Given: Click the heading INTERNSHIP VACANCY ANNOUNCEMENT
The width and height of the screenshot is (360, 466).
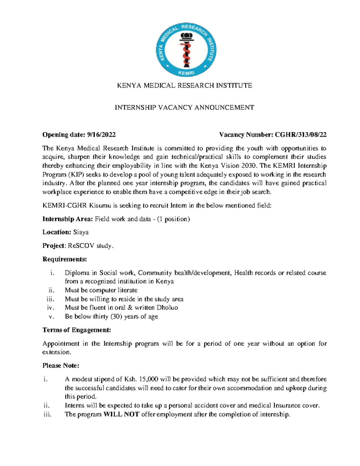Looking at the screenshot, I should click(184, 107).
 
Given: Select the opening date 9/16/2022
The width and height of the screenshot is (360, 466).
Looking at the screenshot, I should click(101, 135).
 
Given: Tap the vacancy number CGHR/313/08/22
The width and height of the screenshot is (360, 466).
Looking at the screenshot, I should click(301, 135).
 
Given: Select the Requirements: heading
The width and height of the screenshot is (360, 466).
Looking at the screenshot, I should click(64, 259).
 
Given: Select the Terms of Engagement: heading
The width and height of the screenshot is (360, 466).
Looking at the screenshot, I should click(77, 330).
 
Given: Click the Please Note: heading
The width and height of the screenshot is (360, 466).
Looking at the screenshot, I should click(61, 365).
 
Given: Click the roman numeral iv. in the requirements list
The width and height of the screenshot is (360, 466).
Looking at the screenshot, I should click(50, 308).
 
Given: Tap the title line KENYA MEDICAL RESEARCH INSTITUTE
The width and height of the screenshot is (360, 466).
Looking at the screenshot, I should click(184, 86).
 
